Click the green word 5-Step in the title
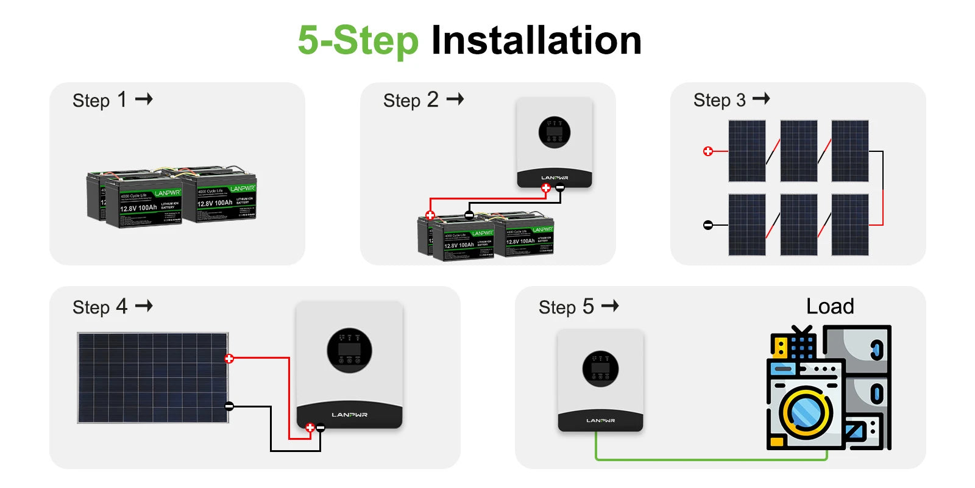[358, 40]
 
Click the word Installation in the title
[536, 40]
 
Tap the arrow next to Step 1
[144, 99]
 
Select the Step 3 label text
[719, 100]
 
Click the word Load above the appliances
[830, 306]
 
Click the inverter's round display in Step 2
[555, 132]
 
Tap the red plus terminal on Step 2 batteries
[430, 215]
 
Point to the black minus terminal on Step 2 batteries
[469, 215]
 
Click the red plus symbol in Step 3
[708, 151]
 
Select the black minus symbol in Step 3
[708, 225]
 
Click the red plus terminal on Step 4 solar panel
[229, 359]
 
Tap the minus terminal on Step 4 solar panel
[229, 406]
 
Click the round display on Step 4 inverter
[349, 351]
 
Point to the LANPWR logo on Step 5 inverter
[600, 420]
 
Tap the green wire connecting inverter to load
[707, 459]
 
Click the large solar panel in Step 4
[152, 378]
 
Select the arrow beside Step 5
[610, 306]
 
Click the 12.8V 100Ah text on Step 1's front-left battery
[138, 208]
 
